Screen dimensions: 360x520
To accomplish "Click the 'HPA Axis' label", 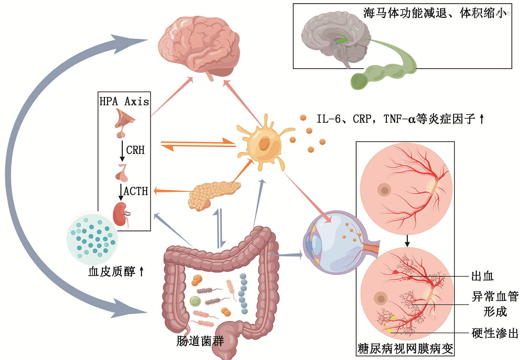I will [124, 101].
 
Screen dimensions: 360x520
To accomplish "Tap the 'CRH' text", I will [135, 150].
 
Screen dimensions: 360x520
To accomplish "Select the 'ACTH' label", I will [136, 191].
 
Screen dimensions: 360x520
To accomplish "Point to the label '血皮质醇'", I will [112, 272].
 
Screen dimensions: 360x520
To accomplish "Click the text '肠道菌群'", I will [200, 341].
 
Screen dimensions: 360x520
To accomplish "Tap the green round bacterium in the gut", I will [195, 301].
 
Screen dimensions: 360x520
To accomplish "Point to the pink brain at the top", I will [199, 46].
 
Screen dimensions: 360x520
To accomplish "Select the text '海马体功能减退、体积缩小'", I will [435, 13].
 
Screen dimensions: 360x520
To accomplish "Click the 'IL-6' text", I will [328, 119].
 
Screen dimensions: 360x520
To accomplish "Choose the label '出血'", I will [482, 276].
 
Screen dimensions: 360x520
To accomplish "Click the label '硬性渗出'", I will [495, 333].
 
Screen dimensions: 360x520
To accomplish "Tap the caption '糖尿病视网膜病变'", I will [405, 349].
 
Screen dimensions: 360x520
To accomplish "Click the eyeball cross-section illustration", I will [334, 242].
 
